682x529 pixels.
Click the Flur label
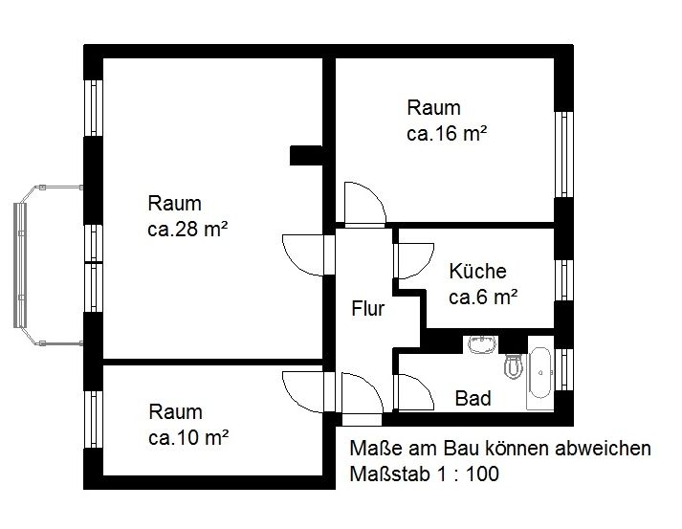point(368,308)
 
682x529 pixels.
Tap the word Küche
point(477,271)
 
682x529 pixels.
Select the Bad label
point(473,398)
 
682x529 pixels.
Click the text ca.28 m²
point(187,230)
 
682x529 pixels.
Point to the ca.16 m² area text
point(447,134)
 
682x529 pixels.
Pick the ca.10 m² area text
point(188,437)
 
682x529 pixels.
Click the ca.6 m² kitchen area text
point(483,298)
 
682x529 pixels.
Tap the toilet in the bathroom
point(514,366)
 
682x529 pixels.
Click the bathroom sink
point(482,344)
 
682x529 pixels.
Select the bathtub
point(540,372)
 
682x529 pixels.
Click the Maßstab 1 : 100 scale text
point(424,474)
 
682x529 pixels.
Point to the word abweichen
point(603,448)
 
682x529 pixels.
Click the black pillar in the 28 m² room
point(306,155)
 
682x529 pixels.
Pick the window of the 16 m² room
point(563,154)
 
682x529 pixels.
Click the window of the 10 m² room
point(93,419)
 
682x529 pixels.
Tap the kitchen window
point(563,280)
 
